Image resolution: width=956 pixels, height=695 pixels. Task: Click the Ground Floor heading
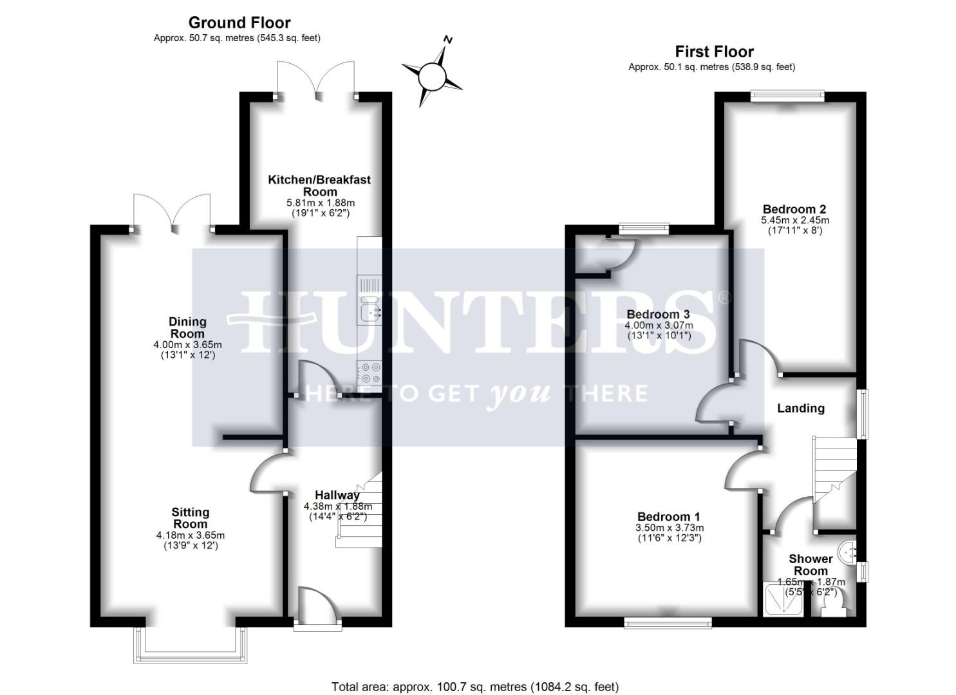tap(239, 23)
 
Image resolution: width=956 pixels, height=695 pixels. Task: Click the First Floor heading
tap(714, 51)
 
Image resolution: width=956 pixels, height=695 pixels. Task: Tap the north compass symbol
tap(432, 76)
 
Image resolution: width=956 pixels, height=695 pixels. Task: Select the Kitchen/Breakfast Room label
tap(319, 185)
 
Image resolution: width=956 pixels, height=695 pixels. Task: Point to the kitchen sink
tap(369, 309)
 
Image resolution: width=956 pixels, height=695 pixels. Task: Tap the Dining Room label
tap(187, 328)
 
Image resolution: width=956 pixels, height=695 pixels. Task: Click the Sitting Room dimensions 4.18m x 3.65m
tap(191, 535)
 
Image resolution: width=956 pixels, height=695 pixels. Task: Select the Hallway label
tap(337, 495)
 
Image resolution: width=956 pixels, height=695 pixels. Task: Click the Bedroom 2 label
tap(794, 209)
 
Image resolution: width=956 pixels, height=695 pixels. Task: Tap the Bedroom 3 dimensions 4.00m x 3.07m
tap(658, 326)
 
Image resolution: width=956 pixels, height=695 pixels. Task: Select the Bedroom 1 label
tap(668, 517)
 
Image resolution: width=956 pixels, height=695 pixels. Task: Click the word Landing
tap(800, 408)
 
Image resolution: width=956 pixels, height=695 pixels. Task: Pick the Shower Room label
tap(811, 564)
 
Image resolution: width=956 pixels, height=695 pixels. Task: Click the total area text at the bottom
tap(474, 687)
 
